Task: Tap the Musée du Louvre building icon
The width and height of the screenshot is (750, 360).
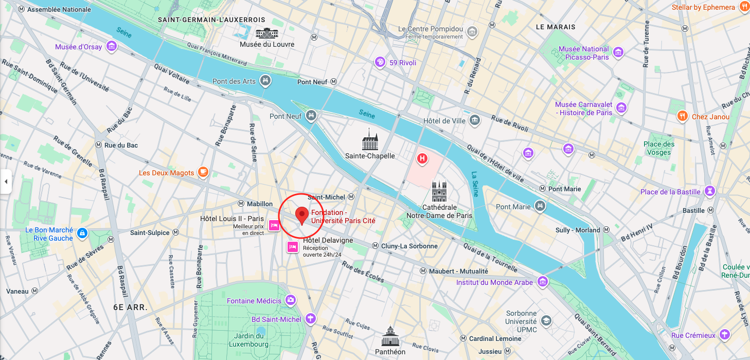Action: (267, 33)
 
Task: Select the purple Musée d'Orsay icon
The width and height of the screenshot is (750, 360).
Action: (111, 47)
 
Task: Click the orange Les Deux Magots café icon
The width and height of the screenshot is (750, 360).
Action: (203, 172)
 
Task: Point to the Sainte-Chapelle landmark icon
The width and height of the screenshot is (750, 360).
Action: (370, 140)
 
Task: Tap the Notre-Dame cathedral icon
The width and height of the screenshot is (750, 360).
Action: (439, 192)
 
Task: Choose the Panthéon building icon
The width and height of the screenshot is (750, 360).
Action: (390, 337)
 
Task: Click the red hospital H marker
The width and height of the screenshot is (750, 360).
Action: (422, 158)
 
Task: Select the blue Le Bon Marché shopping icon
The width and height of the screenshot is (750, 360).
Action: (82, 234)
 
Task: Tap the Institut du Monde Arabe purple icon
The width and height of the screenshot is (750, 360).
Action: (543, 282)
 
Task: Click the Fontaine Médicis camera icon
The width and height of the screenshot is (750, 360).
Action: (291, 300)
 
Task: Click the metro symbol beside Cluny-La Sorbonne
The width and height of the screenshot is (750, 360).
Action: (376, 246)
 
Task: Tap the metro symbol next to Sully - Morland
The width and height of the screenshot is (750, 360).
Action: (605, 230)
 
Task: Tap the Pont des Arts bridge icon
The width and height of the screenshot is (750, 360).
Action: (265, 80)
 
